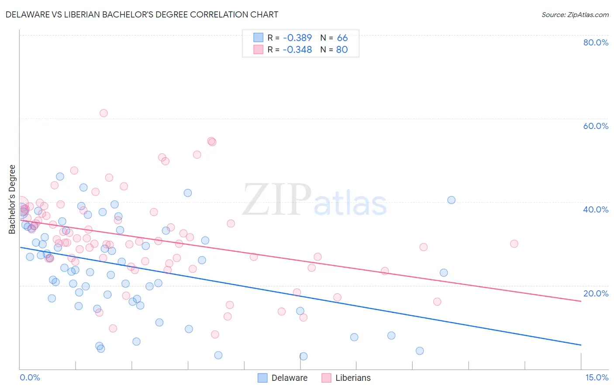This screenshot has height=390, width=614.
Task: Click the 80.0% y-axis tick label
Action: coord(596,42)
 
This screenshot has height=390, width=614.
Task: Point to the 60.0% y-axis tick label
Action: coord(596,126)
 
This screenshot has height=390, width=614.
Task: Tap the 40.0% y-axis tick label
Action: coord(596,209)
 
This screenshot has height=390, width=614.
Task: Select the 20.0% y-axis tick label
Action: coord(596,293)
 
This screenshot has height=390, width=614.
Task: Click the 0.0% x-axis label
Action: coord(30,377)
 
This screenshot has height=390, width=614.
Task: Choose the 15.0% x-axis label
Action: coord(597,377)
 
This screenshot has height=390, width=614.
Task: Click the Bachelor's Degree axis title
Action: coord(12,199)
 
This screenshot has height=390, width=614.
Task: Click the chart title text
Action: coord(142,14)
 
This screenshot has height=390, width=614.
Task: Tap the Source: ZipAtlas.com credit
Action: coord(575,15)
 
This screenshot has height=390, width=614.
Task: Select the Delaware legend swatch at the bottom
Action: coord(262,378)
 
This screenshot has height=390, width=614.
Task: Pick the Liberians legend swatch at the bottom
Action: coord(326,378)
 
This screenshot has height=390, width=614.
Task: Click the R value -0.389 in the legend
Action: coord(297,38)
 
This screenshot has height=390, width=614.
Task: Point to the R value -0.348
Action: coord(297,49)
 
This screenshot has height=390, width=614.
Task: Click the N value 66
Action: coord(342,38)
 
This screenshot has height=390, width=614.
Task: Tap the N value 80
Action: coord(342,49)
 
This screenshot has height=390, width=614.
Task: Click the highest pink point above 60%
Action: coord(103,113)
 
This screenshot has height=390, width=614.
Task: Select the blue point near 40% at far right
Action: coord(451,200)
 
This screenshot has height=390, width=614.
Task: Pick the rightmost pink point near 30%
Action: coord(514,244)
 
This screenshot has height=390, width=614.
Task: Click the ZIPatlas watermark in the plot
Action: coord(314,200)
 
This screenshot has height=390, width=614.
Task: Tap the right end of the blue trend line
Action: coord(581,345)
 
